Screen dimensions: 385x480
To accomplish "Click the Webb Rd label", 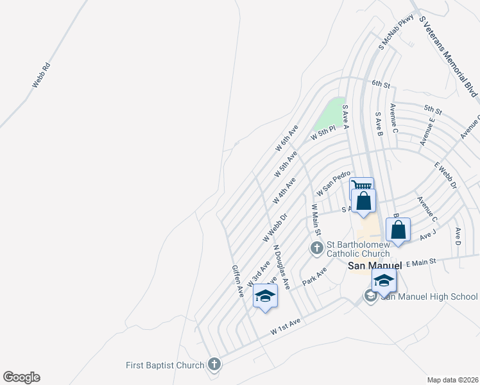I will tap(41, 74).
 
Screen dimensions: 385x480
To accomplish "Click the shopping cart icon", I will tap(362, 186).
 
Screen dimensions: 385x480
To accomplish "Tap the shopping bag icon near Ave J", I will tap(398, 229).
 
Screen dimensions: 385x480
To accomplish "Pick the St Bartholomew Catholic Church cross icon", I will tap(316, 248).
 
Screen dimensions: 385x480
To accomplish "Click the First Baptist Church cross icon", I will tap(214, 365).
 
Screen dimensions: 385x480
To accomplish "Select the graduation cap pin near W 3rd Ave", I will tap(265, 296).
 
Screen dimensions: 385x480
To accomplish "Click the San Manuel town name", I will tap(374, 266).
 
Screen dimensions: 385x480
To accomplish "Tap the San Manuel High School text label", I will tap(429, 296).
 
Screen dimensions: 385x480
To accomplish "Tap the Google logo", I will tap(21, 377).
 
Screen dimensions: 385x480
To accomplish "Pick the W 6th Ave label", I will tap(287, 138).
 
